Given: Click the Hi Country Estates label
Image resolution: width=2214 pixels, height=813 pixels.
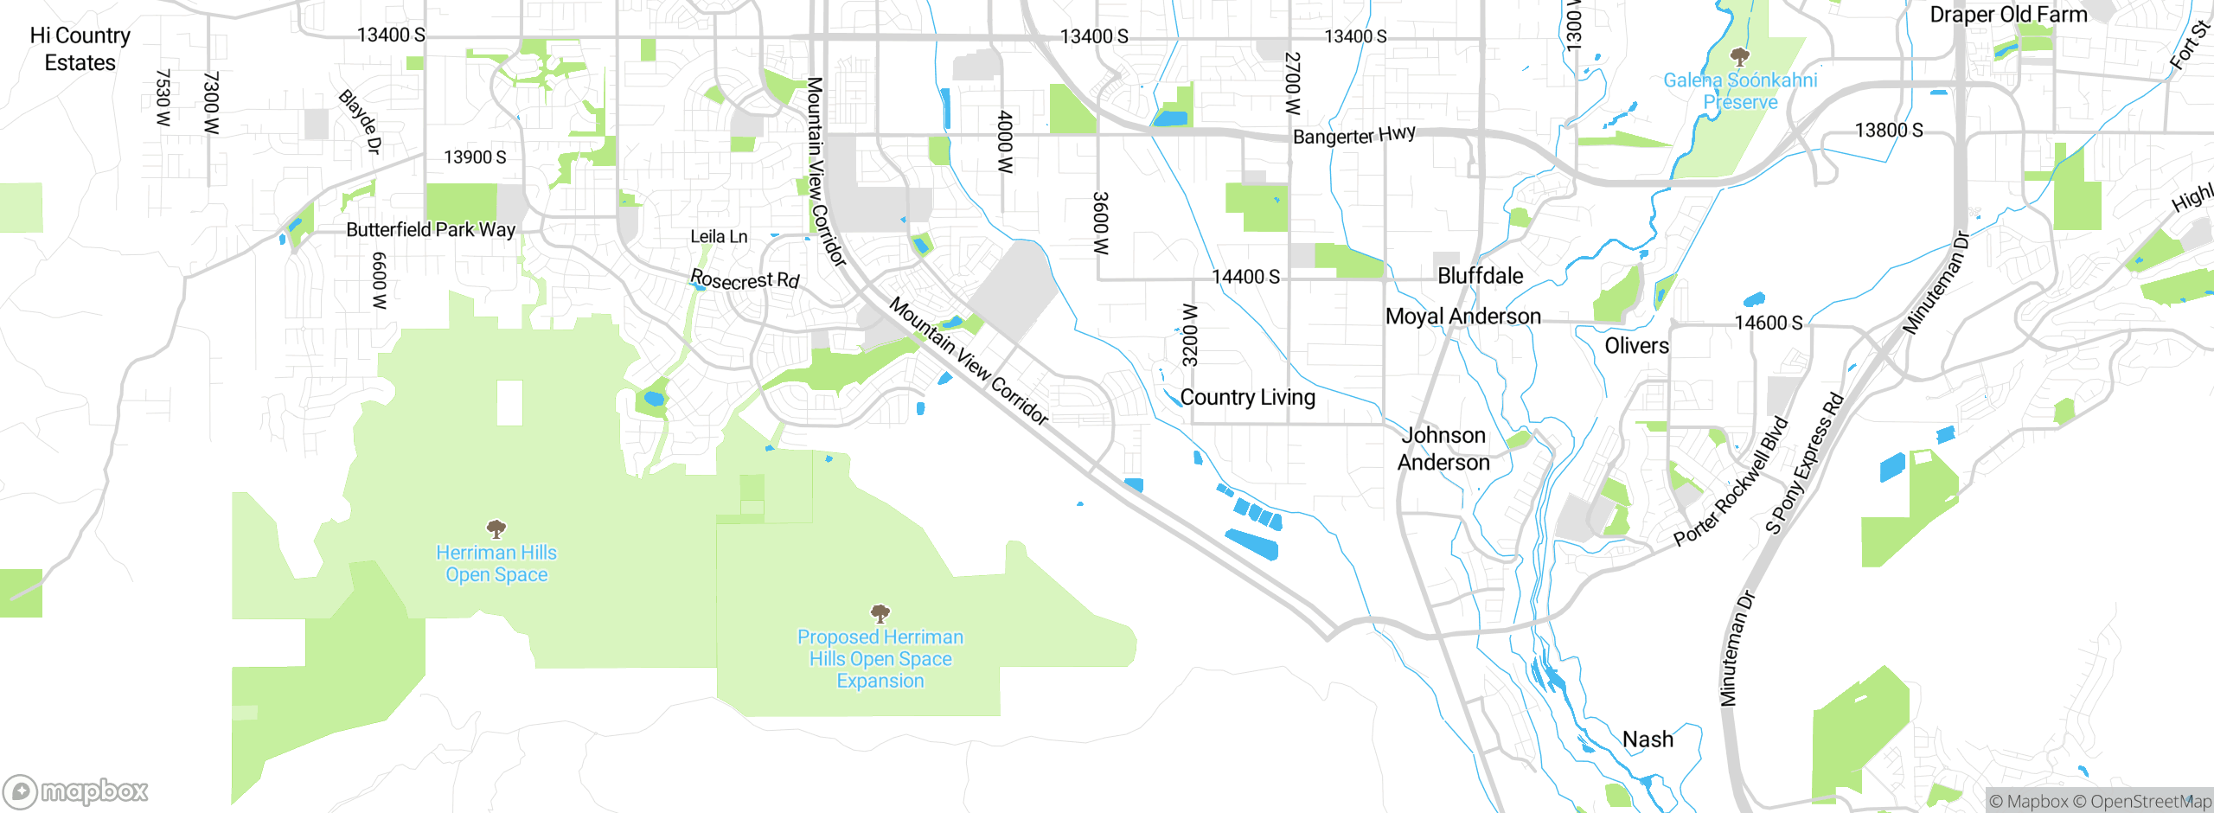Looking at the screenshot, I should (80, 49).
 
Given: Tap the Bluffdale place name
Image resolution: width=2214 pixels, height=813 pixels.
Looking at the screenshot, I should (1480, 276).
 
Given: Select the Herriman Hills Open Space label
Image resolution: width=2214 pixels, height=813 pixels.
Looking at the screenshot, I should (496, 564).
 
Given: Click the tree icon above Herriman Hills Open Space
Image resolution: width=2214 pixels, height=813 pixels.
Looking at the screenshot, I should (496, 528).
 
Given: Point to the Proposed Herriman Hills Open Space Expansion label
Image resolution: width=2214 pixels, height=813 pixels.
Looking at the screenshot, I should (880, 659).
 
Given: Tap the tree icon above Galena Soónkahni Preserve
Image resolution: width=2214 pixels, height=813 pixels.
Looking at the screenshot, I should (1739, 58).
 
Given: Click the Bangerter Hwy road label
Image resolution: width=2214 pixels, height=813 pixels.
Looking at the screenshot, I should (1353, 136).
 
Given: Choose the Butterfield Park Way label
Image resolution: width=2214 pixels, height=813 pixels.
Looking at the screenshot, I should (431, 230).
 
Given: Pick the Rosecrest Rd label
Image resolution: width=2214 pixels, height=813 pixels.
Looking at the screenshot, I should (745, 280).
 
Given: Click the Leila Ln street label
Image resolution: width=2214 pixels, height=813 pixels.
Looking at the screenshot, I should (719, 237).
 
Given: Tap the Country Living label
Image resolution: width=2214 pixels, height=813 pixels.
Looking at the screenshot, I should (1247, 398).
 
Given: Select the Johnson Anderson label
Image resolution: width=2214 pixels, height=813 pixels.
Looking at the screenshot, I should (1443, 449).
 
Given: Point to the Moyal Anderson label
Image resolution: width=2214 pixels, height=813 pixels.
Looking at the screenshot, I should (1462, 317).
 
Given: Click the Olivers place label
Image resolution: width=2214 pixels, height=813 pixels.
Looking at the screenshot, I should (1636, 346).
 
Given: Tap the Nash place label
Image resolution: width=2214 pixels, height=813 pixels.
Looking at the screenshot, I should (1648, 739).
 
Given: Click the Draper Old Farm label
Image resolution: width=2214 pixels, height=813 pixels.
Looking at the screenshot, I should (2008, 15).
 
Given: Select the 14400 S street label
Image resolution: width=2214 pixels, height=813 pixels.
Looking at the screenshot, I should (1245, 277).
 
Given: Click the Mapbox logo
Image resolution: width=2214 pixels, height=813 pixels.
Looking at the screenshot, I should (76, 791).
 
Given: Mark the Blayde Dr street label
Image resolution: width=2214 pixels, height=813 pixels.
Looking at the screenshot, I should (360, 122).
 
